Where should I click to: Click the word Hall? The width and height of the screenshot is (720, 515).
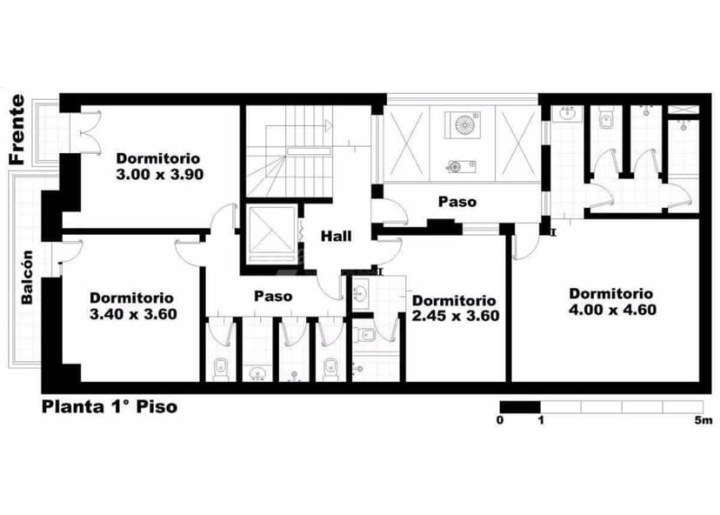pyautogui.click(x=337, y=236)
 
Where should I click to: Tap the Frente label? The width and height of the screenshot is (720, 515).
pyautogui.click(x=17, y=130)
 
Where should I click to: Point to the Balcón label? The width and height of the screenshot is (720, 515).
pyautogui.click(x=28, y=277)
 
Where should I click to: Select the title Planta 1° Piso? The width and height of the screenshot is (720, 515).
pyautogui.click(x=110, y=407)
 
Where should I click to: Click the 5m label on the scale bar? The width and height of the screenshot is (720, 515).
pyautogui.click(x=703, y=421)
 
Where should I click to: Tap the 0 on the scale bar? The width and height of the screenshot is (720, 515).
pyautogui.click(x=500, y=421)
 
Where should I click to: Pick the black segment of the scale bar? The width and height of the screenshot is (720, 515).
pyautogui.click(x=519, y=406)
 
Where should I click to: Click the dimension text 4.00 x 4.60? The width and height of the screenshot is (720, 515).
pyautogui.click(x=612, y=309)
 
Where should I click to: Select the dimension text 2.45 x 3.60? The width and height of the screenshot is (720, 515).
pyautogui.click(x=456, y=316)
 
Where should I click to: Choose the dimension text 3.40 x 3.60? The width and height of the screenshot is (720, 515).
pyautogui.click(x=133, y=313)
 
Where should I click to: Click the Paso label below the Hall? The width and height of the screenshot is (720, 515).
pyautogui.click(x=273, y=296)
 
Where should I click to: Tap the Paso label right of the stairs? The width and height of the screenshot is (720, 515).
pyautogui.click(x=457, y=202)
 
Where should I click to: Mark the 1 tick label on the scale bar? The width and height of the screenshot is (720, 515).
pyautogui.click(x=541, y=421)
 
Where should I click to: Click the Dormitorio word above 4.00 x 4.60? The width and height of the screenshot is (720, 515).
pyautogui.click(x=611, y=293)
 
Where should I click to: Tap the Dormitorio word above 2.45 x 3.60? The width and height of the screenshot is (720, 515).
pyautogui.click(x=455, y=300)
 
